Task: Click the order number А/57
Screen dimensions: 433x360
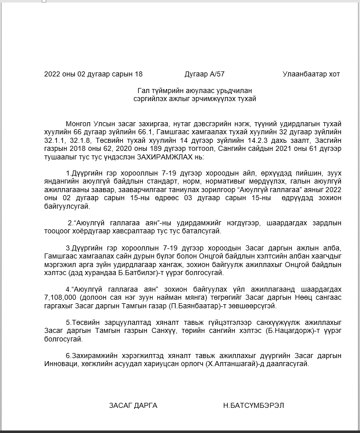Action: pyautogui.click(x=217, y=74)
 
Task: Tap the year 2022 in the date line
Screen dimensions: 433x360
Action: pyautogui.click(x=52, y=74)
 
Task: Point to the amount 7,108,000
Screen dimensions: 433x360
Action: pyautogui.click(x=61, y=297)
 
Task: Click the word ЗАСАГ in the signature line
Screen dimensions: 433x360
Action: pyautogui.click(x=120, y=405)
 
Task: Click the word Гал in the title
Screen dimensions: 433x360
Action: pyautogui.click(x=142, y=91)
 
